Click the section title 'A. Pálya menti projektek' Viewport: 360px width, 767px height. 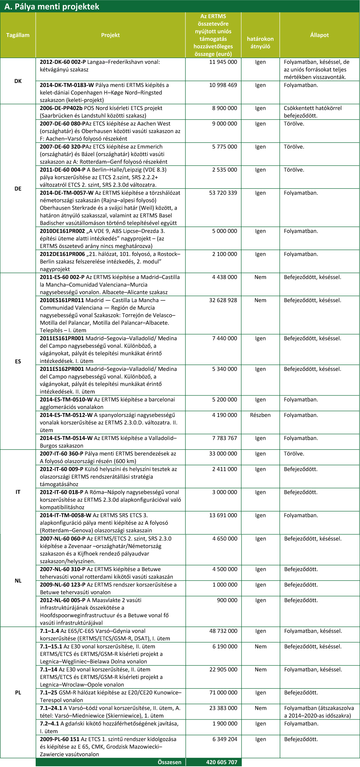pos(52,7)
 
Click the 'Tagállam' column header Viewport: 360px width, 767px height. pos(18,35)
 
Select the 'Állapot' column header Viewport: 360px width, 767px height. pos(319,35)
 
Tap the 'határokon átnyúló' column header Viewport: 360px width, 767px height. pos(260,43)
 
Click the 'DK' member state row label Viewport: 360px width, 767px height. pos(18,81)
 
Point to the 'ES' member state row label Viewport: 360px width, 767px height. pos(18,361)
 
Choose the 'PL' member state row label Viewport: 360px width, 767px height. pos(18,692)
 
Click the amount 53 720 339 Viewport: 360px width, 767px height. pos(223,193)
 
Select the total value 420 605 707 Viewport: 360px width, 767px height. pos(221,762)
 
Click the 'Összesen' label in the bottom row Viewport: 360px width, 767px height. pos(169,762)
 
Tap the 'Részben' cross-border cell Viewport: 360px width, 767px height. pos(260,415)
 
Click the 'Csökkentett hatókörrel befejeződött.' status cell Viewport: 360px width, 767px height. pos(312,112)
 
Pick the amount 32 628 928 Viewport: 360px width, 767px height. pos(223,300)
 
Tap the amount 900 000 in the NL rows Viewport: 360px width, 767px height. pos(227,600)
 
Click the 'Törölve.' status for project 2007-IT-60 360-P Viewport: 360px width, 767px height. pos(294,454)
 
